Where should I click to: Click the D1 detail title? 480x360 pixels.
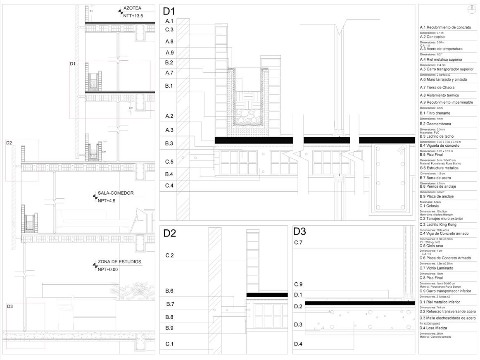(x=169, y=12)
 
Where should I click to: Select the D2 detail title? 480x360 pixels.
(x=170, y=234)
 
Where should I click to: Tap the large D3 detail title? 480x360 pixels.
(x=299, y=231)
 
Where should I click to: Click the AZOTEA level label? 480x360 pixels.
(x=132, y=8)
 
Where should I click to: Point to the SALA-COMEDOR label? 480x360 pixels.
(x=116, y=193)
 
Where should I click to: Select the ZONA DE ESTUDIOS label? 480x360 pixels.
(x=119, y=262)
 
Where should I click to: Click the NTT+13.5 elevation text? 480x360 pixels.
(x=133, y=16)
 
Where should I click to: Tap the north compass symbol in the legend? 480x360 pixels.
(x=471, y=9)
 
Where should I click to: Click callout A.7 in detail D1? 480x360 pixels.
(x=169, y=73)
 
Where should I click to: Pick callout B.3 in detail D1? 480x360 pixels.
(x=169, y=143)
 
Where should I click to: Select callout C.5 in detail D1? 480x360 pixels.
(x=169, y=162)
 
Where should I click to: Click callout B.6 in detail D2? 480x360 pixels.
(x=169, y=291)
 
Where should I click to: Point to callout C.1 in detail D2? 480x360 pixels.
(x=169, y=344)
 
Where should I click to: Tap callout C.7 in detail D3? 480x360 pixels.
(x=298, y=243)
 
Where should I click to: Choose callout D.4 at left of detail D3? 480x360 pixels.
(x=298, y=344)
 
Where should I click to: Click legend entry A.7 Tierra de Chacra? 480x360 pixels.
(x=437, y=88)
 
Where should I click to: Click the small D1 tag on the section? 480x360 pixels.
(x=73, y=64)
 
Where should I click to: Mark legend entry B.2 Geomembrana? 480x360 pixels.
(x=435, y=124)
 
